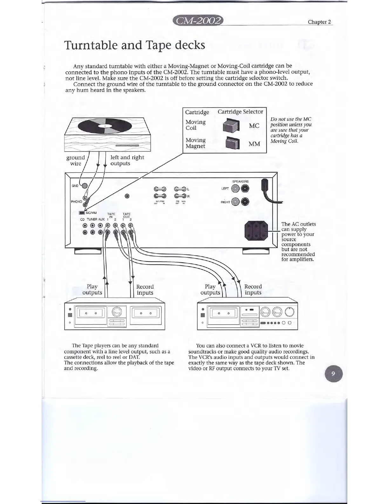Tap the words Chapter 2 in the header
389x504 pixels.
319,22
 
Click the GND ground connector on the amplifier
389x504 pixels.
84,186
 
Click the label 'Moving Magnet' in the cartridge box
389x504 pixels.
195,143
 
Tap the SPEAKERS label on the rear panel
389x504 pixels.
240,181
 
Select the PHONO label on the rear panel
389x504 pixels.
76,201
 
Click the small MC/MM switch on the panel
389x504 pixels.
82,213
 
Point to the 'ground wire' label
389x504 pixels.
76,160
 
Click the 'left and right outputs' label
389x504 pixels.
127,160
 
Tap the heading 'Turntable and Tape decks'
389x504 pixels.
135,45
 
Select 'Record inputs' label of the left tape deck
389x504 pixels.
145,290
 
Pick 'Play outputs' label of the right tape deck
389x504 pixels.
210,290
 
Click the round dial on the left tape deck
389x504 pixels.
117,312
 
